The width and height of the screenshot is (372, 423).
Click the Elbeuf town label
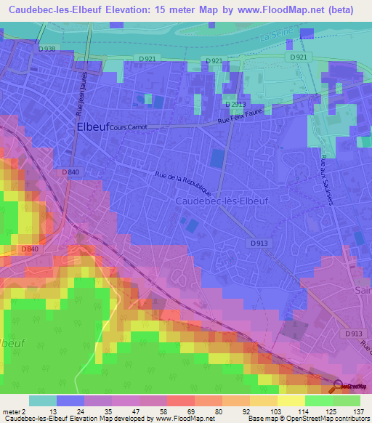tap(92, 126)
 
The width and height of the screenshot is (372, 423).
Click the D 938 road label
tap(46, 49)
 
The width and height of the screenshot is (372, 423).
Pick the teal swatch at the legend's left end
tap(43, 400)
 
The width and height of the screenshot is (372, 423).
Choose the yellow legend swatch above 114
tap(291, 400)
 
